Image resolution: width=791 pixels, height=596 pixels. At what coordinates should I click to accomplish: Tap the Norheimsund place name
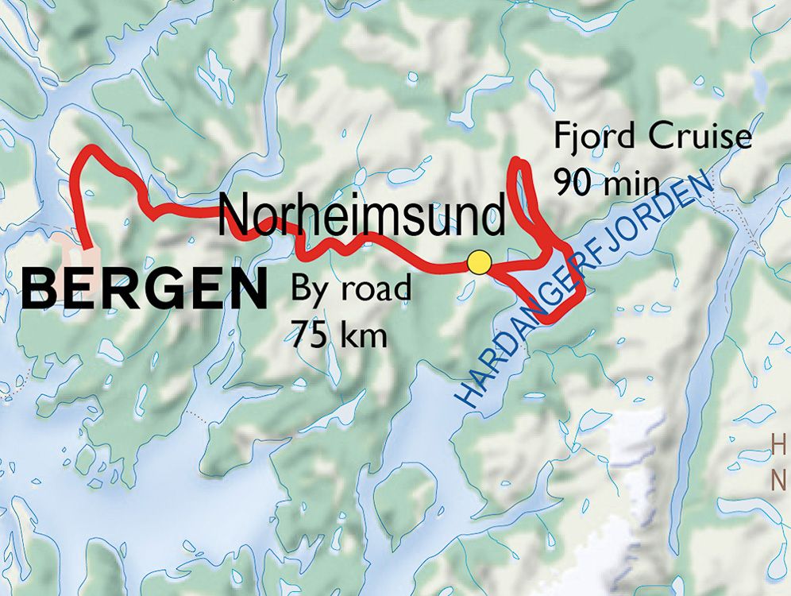pos(361,214)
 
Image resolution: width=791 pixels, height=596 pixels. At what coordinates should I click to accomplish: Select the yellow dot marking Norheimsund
pos(478,261)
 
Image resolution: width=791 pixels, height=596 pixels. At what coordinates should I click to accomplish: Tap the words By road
pos(350,288)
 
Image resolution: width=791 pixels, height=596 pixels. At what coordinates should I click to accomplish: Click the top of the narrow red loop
pos(519,162)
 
